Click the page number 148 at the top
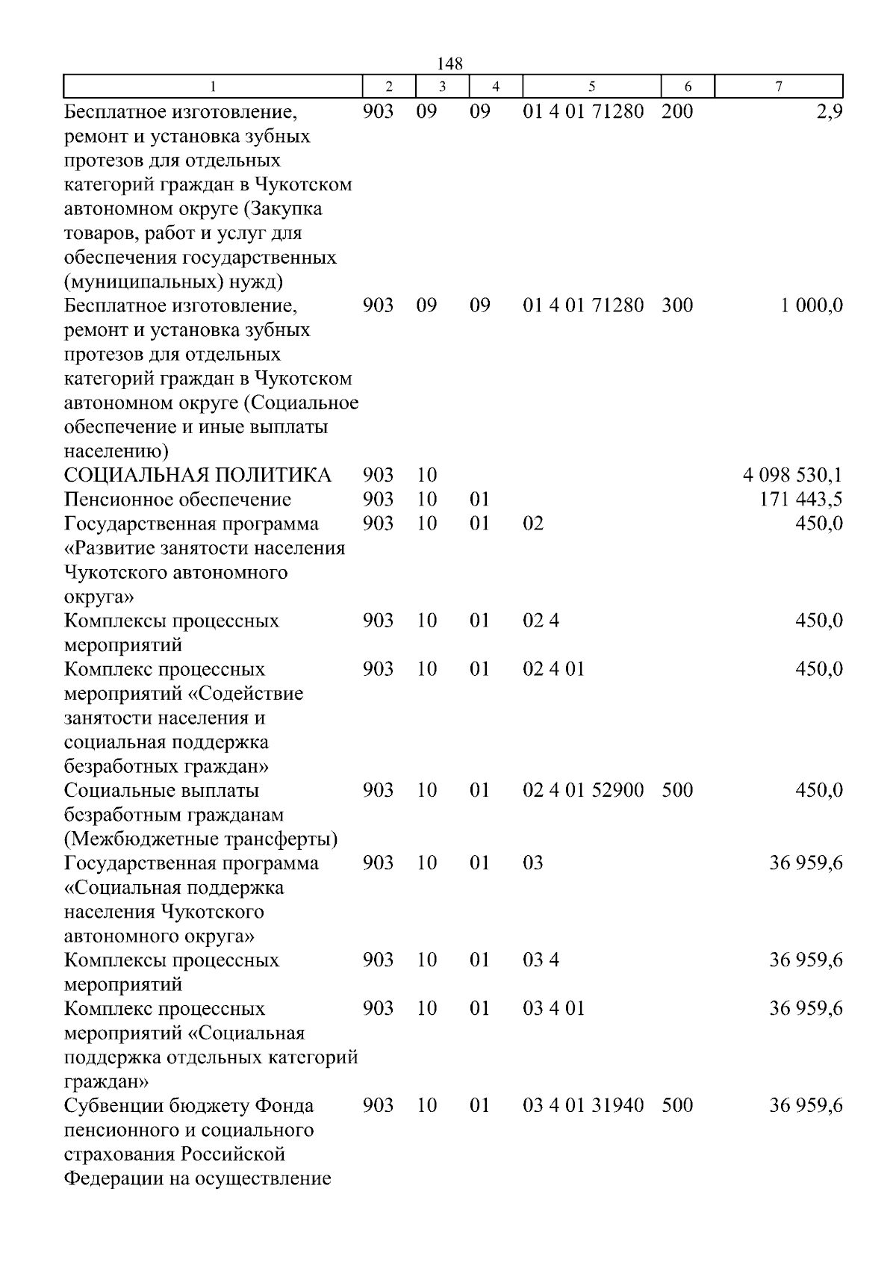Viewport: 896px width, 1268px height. [x=449, y=63]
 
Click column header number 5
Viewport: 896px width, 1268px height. [x=591, y=87]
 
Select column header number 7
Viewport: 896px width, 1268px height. [x=778, y=87]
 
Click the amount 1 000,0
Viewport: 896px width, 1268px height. [x=812, y=305]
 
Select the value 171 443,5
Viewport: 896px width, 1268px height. [x=801, y=500]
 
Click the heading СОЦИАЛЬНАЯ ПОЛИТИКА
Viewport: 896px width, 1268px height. [x=197, y=475]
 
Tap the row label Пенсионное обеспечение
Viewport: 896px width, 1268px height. [x=178, y=500]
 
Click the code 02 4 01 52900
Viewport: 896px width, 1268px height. [x=583, y=790]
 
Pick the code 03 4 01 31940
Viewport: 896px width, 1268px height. [x=583, y=1105]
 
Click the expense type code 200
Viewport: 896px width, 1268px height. [x=677, y=112]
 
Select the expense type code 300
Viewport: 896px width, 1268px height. [x=677, y=305]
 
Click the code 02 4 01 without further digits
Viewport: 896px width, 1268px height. [x=553, y=669]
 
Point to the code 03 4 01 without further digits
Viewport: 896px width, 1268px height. [x=553, y=1009]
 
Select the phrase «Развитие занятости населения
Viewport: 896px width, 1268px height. [x=205, y=548]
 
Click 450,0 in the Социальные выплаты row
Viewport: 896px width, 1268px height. [x=819, y=790]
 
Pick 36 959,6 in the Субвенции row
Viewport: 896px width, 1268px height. [x=806, y=1105]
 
